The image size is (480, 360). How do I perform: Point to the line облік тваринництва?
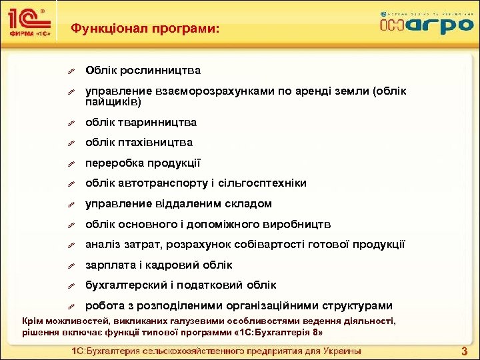(141, 122)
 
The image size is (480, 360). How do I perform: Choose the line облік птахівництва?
(139, 142)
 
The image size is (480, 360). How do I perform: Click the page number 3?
(465, 351)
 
